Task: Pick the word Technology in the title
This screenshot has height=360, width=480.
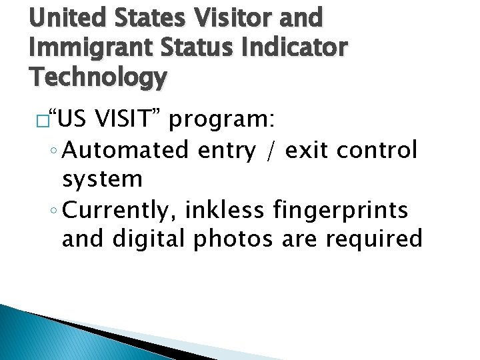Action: [x=97, y=78]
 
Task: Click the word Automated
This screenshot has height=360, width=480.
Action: [x=127, y=151]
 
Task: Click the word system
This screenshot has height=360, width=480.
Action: [x=102, y=179]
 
